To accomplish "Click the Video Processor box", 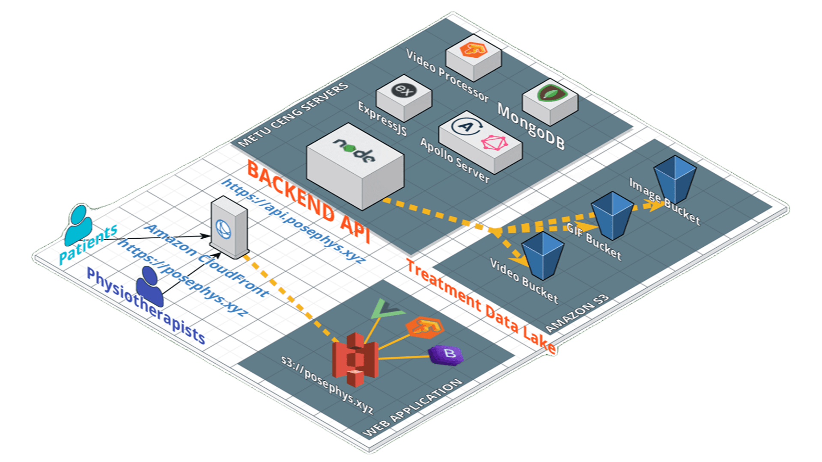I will click(x=474, y=58).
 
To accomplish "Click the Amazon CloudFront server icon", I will click(x=229, y=227).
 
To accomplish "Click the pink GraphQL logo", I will click(x=494, y=142).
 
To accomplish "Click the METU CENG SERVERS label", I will click(x=293, y=115).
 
